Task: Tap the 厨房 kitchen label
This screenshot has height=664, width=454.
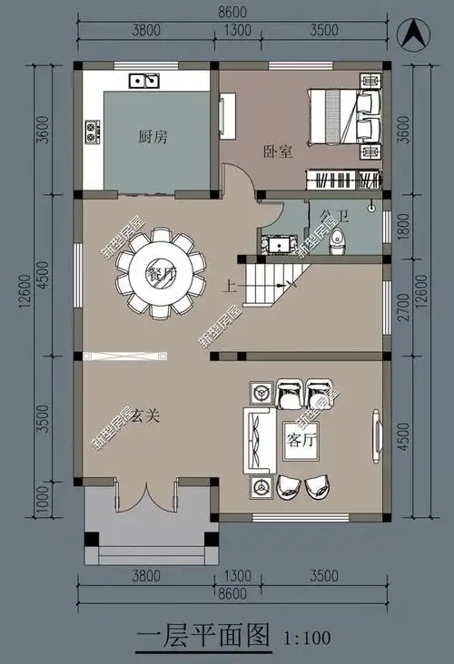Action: click(x=153, y=138)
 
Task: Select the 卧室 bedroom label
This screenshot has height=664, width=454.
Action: click(x=277, y=151)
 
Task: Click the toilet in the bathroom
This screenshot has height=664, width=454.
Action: click(x=337, y=241)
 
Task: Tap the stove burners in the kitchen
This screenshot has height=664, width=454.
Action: click(x=92, y=132)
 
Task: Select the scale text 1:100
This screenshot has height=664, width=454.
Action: click(x=308, y=637)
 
